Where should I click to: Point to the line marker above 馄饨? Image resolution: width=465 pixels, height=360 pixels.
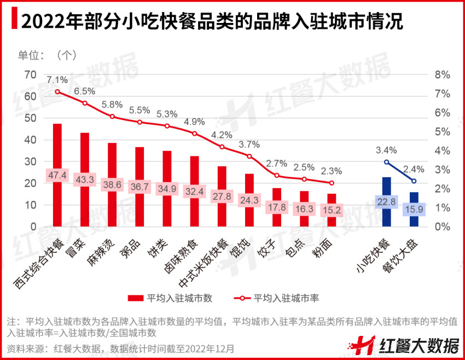pyautogui.click(x=249, y=156)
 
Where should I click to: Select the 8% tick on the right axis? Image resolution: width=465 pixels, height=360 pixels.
pyautogui.click(x=442, y=75)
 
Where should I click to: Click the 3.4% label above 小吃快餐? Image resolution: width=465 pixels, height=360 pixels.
pyautogui.click(x=386, y=150)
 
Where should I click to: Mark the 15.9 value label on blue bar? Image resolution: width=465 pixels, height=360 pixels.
pyautogui.click(x=414, y=209)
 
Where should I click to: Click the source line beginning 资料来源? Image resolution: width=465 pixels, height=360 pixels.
pyautogui.click(x=120, y=348)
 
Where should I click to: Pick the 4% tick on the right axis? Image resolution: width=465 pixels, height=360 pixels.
pyautogui.click(x=442, y=151)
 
